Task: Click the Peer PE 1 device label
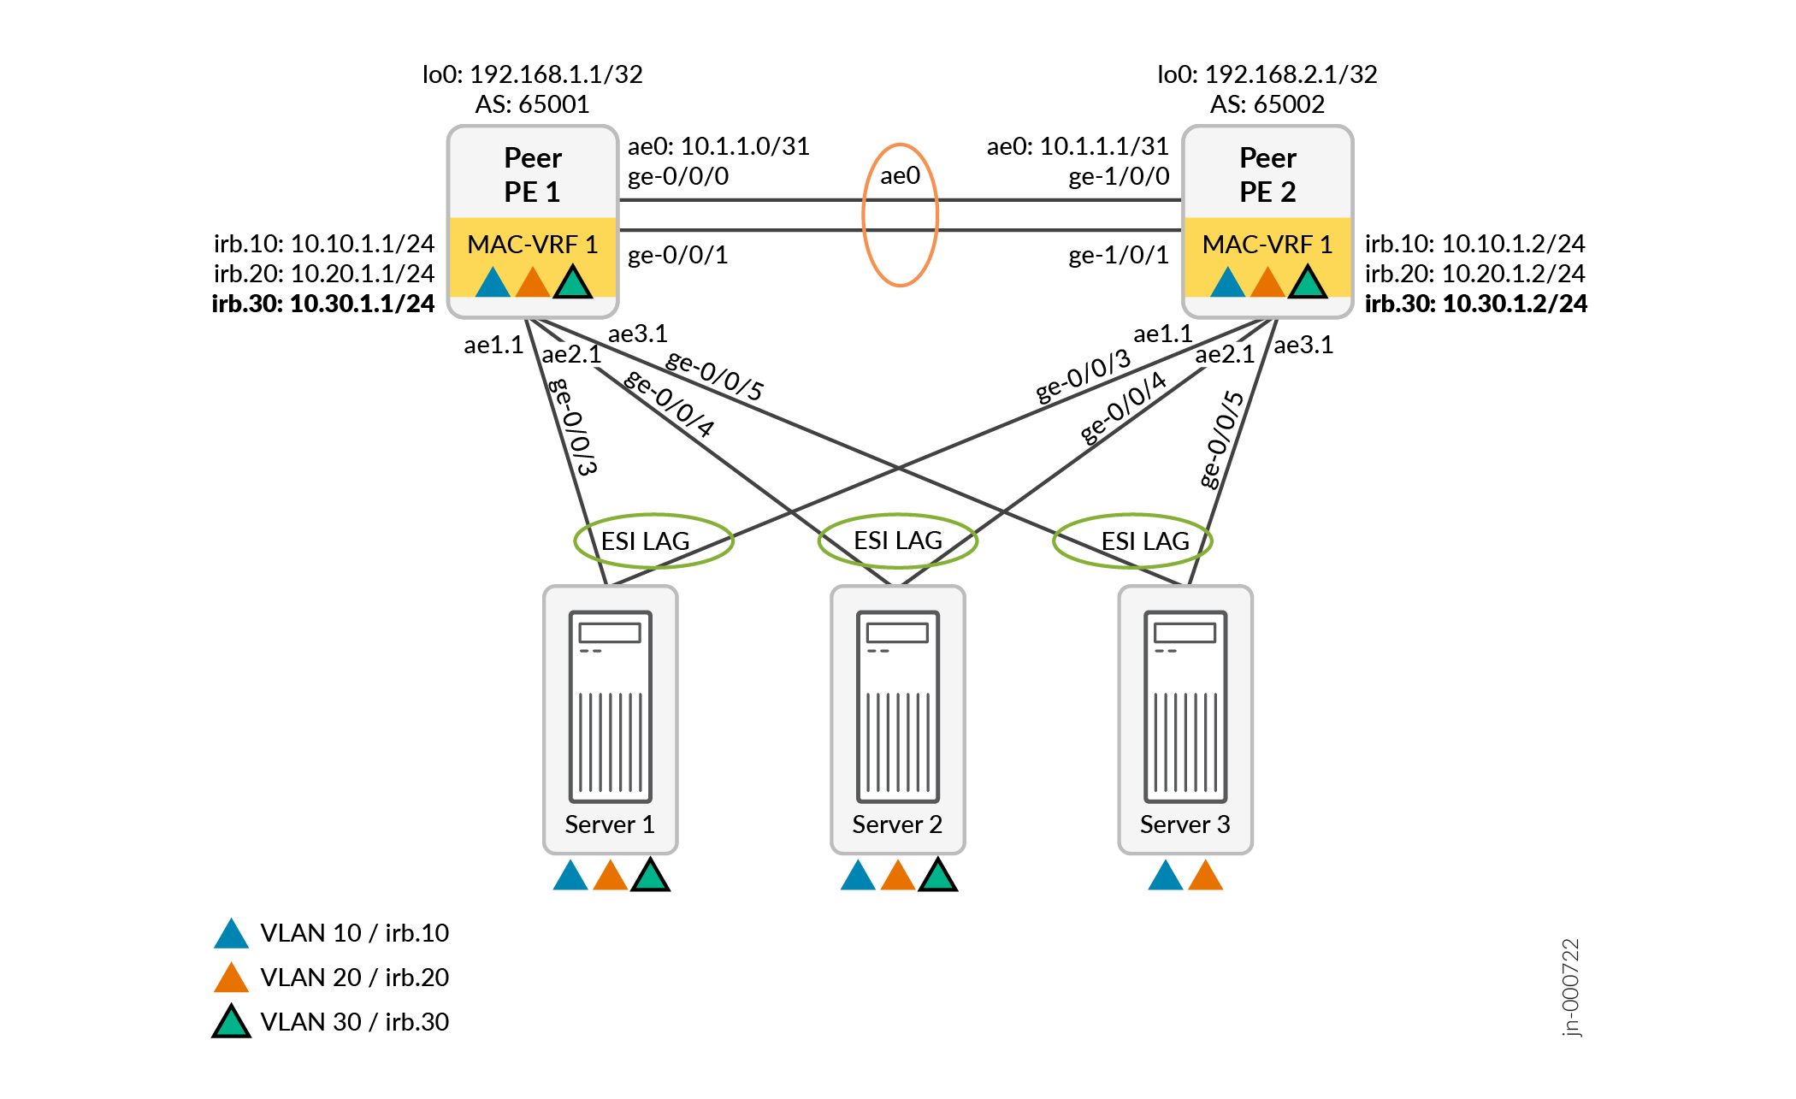point(532,174)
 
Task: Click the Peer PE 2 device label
point(1267,174)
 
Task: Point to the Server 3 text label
point(1185,824)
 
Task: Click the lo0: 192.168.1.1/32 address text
point(532,74)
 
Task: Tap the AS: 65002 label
point(1267,104)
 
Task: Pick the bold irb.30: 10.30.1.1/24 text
point(323,304)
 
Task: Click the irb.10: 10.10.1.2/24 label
point(1474,244)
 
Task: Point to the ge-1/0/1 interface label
point(1118,255)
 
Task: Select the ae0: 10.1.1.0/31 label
point(718,146)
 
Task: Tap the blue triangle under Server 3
point(1165,877)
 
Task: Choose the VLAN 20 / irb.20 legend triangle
point(231,978)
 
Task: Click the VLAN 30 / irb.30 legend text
point(354,1022)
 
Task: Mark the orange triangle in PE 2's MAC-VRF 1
point(1267,283)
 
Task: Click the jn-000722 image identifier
point(1571,987)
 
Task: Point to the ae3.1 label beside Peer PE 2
point(1303,346)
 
